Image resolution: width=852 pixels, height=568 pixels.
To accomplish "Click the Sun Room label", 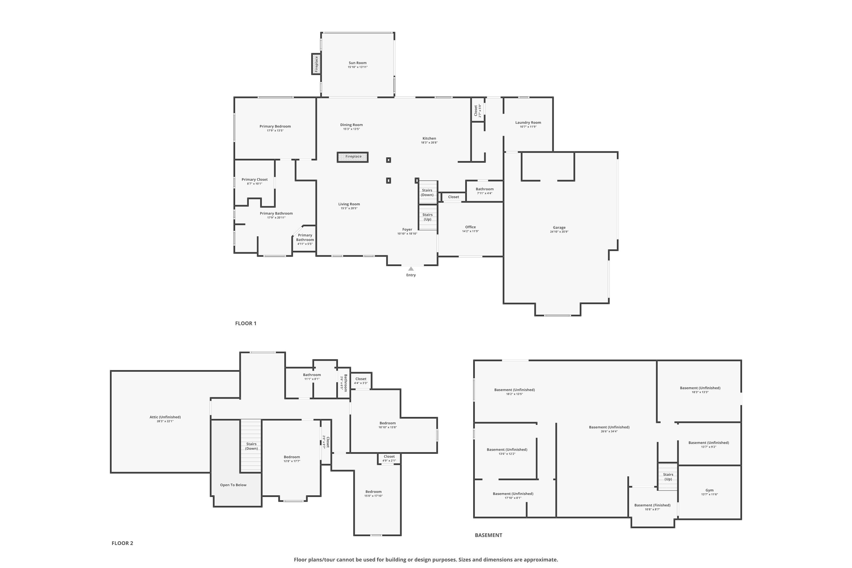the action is (x=358, y=63).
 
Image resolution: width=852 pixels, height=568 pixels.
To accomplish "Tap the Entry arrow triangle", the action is (x=411, y=269).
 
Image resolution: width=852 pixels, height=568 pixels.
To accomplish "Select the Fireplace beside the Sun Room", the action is (x=316, y=64).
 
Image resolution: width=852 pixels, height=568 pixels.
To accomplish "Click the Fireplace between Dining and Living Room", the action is (x=353, y=157).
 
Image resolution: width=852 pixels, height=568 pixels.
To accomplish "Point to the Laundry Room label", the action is (x=528, y=122).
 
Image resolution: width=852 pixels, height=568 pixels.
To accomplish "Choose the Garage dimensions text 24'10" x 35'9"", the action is (x=559, y=232).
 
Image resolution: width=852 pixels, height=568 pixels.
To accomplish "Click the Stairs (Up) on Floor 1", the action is (x=428, y=217).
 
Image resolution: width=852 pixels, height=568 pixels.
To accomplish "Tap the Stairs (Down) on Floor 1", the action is (x=428, y=192).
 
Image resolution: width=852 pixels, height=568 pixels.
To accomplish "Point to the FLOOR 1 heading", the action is (x=246, y=323).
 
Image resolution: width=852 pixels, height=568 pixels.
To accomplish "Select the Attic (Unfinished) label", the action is (x=165, y=417).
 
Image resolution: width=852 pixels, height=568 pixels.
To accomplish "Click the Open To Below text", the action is (x=233, y=485).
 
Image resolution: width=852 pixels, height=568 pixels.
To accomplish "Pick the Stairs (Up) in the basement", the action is (x=668, y=477).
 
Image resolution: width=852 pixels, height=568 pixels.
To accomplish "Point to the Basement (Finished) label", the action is (x=652, y=505).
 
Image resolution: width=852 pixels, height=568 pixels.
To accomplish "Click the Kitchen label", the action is (x=429, y=138).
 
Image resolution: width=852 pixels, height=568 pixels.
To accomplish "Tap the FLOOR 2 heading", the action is (x=122, y=543).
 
